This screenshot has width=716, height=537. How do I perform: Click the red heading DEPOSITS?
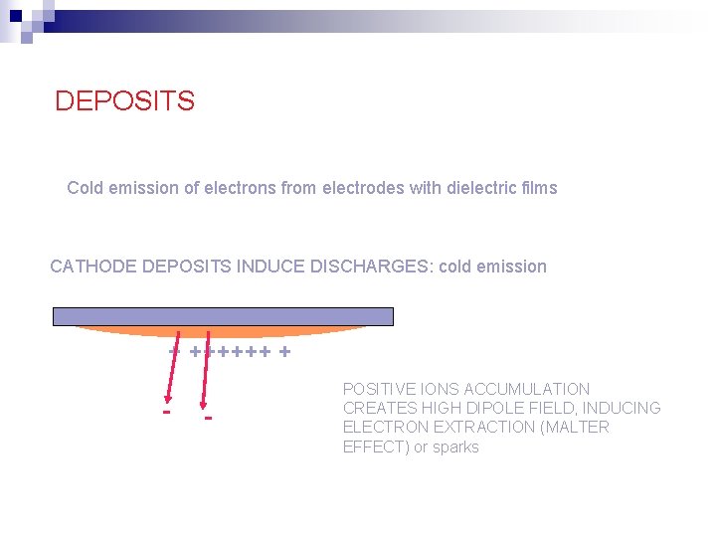(x=124, y=101)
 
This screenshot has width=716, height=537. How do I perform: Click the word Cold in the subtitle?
(x=85, y=188)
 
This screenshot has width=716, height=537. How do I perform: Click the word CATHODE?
(x=93, y=267)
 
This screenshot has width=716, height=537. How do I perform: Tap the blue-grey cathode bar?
(x=224, y=316)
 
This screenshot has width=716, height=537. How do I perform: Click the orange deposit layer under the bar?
(x=224, y=332)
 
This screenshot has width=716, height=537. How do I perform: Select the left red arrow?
(x=173, y=368)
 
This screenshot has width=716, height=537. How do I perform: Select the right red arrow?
(x=207, y=368)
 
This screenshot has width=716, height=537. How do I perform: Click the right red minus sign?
(x=208, y=416)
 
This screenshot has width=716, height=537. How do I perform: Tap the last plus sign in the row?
(x=285, y=351)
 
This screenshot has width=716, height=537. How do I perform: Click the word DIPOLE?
(x=480, y=408)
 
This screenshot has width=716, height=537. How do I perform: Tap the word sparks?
(x=456, y=447)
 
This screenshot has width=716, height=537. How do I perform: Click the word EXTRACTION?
(x=478, y=427)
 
